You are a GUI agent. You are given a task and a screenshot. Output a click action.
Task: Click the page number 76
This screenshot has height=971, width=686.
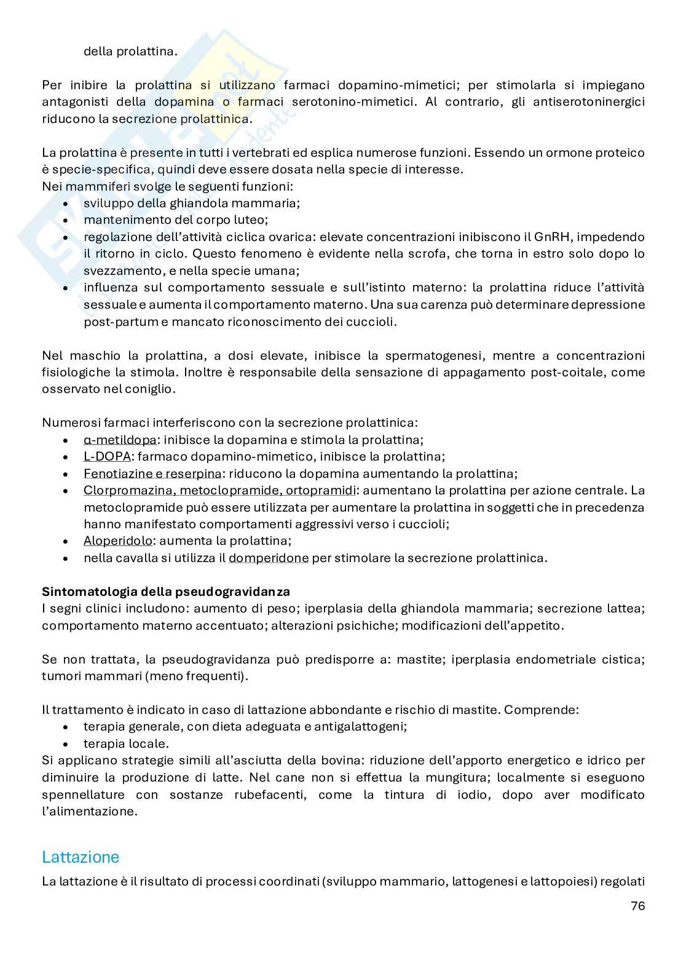(x=637, y=906)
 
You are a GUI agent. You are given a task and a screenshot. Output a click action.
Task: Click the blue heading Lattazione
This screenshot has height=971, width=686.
(x=81, y=857)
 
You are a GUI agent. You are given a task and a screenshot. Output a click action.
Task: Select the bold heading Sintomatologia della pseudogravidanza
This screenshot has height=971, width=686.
(x=166, y=592)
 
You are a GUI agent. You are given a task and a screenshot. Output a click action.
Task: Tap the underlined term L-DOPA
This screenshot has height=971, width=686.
(x=107, y=456)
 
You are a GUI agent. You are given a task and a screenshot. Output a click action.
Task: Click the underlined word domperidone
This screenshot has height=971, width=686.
(x=269, y=558)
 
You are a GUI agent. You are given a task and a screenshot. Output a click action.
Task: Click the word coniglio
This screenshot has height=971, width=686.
(x=151, y=389)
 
